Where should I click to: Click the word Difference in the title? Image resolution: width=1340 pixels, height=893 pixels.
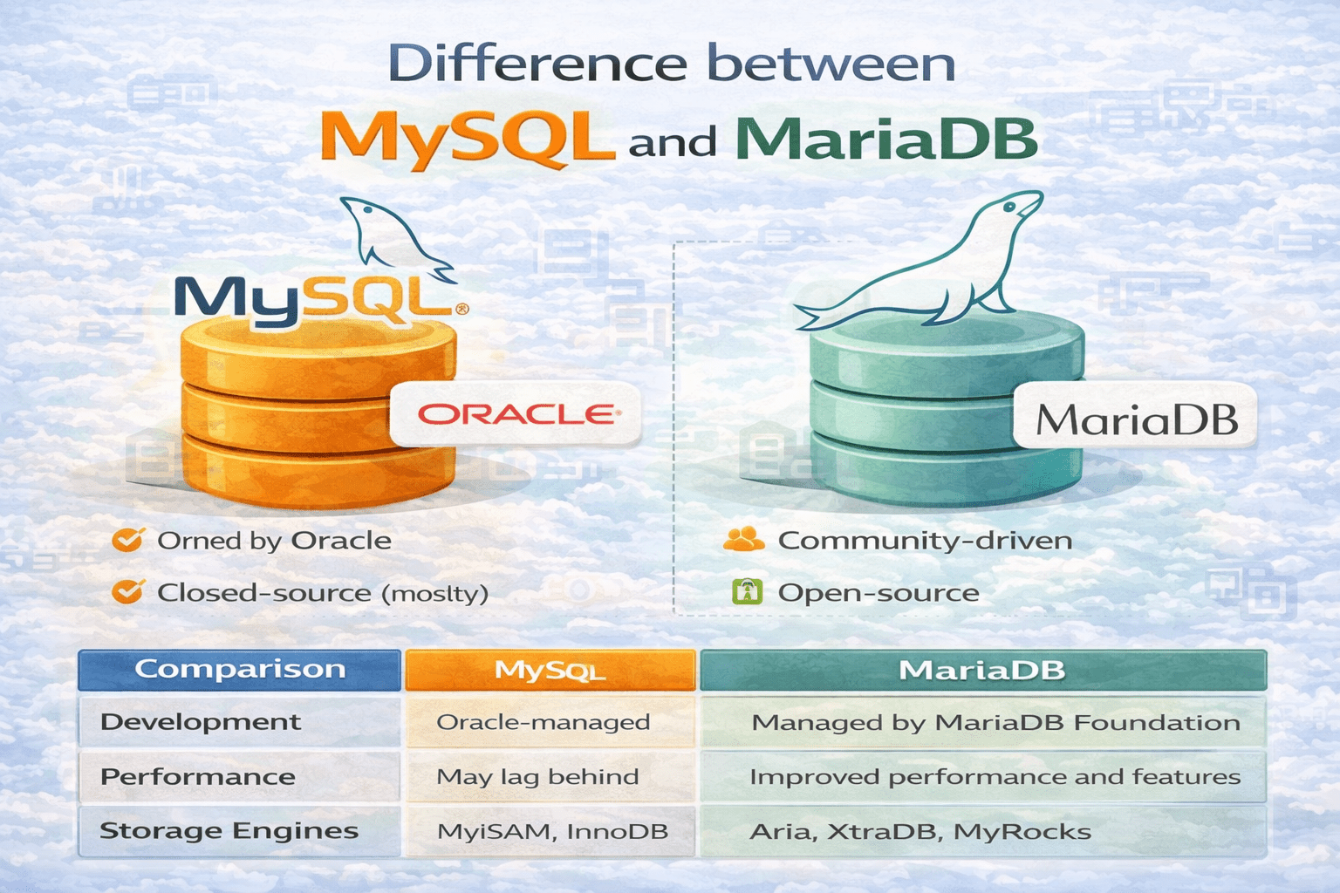[x=537, y=64]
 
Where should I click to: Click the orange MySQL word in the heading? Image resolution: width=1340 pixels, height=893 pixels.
[x=468, y=139]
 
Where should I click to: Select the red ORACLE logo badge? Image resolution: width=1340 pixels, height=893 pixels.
[x=516, y=414]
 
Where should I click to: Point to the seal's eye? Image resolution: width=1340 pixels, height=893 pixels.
[x=1010, y=207]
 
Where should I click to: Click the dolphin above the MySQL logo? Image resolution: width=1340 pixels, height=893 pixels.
[x=395, y=239]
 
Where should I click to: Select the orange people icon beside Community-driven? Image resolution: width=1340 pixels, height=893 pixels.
[x=743, y=539]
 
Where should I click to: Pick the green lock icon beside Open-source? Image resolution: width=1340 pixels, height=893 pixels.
[x=747, y=591]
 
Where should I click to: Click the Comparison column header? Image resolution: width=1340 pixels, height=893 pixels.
[x=239, y=670]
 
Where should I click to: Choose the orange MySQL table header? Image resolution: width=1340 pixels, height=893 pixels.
[x=550, y=670]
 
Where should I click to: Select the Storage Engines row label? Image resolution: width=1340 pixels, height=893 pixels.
[x=229, y=831]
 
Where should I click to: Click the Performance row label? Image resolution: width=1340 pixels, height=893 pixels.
[x=198, y=776]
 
